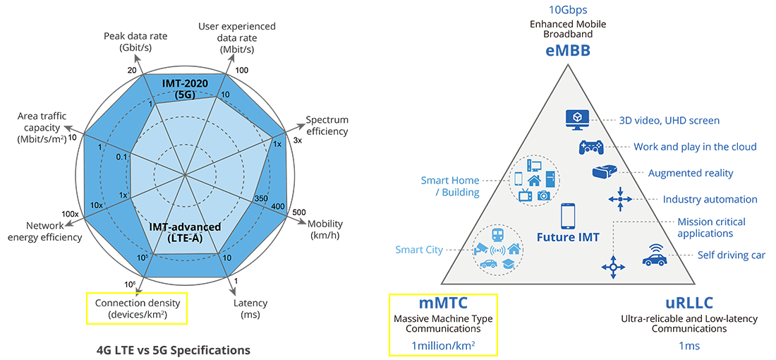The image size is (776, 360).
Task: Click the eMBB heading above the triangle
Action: pos(567,51)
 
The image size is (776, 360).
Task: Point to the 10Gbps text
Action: pos(568,10)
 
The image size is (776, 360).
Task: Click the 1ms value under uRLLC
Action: pos(689,346)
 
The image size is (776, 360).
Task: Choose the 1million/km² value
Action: pos(443,345)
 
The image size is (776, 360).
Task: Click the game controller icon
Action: pos(590,147)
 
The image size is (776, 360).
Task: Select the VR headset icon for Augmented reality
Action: pos(604,172)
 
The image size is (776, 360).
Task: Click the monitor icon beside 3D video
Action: pos(577,119)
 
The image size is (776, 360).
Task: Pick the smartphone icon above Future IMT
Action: pos(569,215)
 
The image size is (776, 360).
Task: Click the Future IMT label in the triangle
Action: pos(568,237)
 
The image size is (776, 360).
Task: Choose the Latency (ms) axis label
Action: pos(250,308)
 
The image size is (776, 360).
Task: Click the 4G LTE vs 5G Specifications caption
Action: pos(173,349)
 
